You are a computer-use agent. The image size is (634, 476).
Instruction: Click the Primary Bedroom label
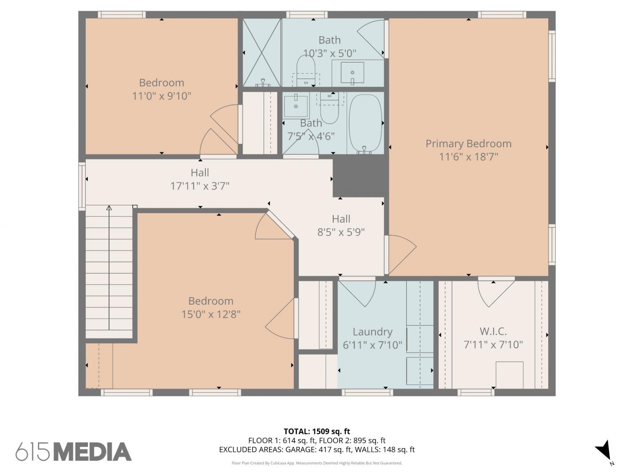click(468, 143)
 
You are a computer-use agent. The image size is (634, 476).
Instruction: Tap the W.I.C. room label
click(493, 331)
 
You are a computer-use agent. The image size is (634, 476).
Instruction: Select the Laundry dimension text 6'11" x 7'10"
click(372, 345)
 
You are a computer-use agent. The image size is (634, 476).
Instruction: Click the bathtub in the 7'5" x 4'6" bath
click(365, 124)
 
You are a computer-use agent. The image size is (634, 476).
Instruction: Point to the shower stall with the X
click(262, 52)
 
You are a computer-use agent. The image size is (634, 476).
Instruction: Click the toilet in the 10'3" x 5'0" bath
click(306, 71)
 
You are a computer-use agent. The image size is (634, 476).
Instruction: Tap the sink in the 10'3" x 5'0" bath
click(352, 72)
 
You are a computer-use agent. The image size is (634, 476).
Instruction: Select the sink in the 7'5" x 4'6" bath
click(295, 106)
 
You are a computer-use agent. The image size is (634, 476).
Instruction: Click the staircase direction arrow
click(109, 268)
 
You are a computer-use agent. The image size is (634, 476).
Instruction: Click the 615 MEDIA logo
click(74, 452)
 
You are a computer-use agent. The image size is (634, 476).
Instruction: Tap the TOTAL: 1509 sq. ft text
click(317, 432)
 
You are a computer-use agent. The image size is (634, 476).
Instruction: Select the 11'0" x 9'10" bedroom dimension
click(161, 96)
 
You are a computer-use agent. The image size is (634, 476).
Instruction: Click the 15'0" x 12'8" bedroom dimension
click(211, 314)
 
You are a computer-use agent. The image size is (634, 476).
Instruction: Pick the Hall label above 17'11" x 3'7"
click(199, 173)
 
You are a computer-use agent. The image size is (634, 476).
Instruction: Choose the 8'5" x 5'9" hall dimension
click(341, 232)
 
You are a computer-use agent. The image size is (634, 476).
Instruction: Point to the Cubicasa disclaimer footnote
click(317, 463)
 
